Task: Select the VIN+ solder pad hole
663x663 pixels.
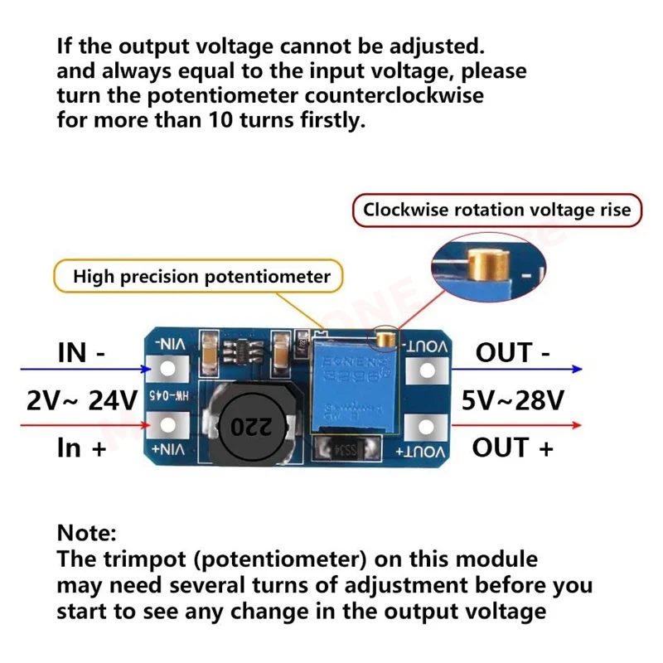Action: pyautogui.click(x=170, y=426)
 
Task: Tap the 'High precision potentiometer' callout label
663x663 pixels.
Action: pyautogui.click(x=201, y=276)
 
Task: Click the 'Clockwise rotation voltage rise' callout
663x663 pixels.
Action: pyautogui.click(x=496, y=210)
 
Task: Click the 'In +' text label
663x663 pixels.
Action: pyautogui.click(x=81, y=448)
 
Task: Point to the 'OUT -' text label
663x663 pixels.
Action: pyautogui.click(x=513, y=352)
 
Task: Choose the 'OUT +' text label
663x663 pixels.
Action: pyautogui.click(x=513, y=448)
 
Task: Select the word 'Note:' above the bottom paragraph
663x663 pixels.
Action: pyautogui.click(x=87, y=532)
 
